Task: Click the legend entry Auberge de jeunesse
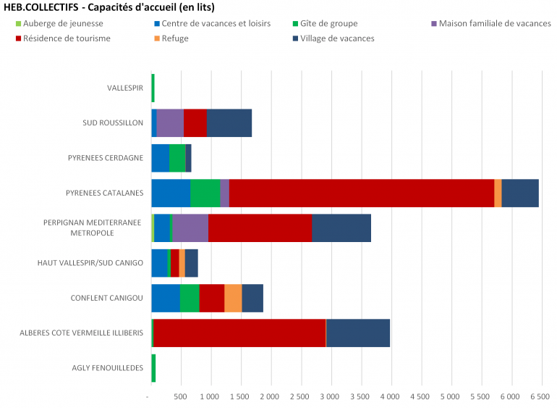point(57,23)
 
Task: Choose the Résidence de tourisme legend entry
point(62,38)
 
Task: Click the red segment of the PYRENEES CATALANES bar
point(362,193)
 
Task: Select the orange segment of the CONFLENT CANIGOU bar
point(233,298)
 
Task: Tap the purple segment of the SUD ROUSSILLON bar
point(170,122)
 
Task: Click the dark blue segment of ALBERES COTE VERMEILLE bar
point(358,333)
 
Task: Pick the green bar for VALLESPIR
point(153,88)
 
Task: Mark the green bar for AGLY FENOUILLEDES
point(153,367)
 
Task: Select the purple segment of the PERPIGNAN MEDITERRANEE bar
point(190,228)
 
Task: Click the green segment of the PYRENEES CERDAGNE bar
point(177,157)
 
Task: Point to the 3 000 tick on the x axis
point(330,396)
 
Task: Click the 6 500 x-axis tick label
point(539,396)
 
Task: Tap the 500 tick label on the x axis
point(181,396)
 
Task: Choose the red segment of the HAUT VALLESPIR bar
point(174,262)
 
